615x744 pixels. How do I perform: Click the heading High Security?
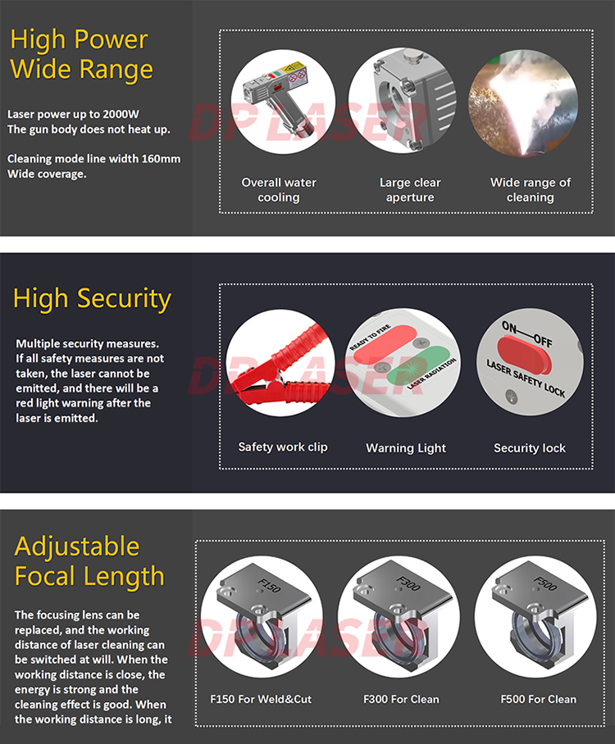coord(92,299)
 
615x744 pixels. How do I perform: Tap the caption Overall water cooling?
coord(279,190)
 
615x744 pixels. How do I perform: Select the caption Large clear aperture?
coord(410,190)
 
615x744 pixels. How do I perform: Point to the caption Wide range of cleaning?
coord(530,190)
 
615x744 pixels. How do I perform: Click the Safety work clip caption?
coord(283,447)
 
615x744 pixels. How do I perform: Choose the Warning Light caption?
coord(406,448)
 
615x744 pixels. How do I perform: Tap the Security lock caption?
coord(530,448)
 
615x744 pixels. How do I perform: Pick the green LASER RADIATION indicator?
coord(419,366)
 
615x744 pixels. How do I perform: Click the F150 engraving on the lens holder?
coord(269,585)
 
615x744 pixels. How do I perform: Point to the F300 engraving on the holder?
coord(408,583)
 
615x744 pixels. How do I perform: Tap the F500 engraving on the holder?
coord(544,583)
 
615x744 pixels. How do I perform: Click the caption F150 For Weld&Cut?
coord(261,699)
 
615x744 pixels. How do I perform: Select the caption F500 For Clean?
coord(538,699)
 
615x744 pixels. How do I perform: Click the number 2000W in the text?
coord(121,115)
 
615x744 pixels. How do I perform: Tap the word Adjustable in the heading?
coord(77,547)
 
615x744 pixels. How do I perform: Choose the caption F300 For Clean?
coord(401,699)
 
